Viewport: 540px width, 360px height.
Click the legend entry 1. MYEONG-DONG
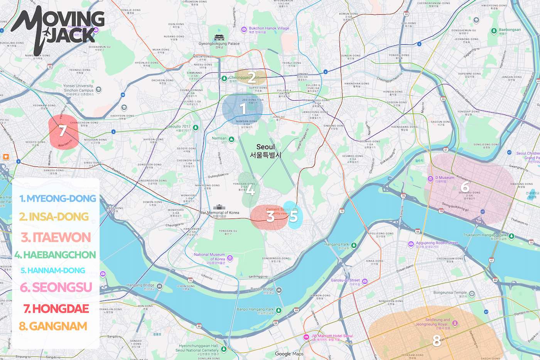pos(57,199)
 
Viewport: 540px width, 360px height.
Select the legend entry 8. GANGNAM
pos(53,326)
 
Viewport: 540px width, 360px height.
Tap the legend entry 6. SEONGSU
pos(56,287)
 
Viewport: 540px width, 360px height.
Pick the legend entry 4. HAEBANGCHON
pos(55,255)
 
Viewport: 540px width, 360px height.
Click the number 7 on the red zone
pos(62,131)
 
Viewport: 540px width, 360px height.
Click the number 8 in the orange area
pos(436,341)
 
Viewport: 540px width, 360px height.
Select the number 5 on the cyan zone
pos(294,216)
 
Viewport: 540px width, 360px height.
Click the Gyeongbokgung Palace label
pos(219,44)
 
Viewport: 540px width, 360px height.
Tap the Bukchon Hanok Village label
pos(268,29)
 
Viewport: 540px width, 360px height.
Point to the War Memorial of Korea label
pos(219,212)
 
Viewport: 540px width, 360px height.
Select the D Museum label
pos(444,178)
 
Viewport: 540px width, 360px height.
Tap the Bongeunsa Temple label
pos(450,293)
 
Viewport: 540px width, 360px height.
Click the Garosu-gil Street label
pos(345,280)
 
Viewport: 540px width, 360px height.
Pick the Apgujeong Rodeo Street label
pos(437,243)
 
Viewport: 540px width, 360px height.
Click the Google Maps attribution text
pos(289,354)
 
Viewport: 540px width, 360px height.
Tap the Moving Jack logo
pos(58,31)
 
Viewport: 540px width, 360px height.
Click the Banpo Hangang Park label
pos(255,310)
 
